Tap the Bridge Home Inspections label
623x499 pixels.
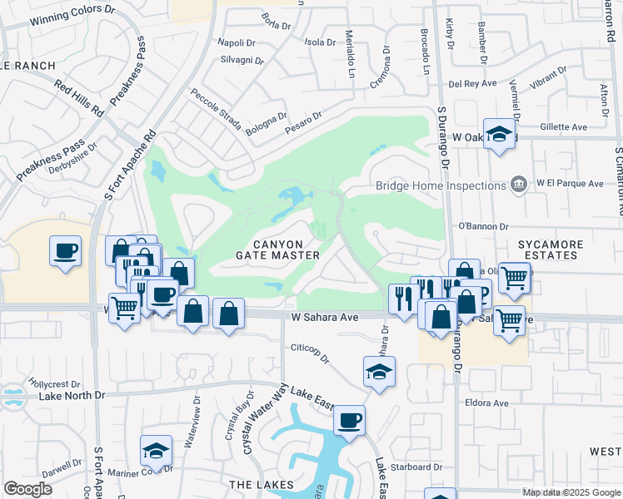(x=441, y=185)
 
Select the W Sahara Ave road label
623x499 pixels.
(x=324, y=317)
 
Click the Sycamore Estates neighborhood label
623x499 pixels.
(x=547, y=249)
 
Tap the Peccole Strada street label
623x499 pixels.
(x=216, y=111)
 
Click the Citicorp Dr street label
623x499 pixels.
(x=310, y=353)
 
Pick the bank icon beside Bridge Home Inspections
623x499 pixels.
(x=518, y=183)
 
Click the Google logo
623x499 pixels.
(x=27, y=489)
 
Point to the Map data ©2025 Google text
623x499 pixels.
(x=571, y=492)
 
